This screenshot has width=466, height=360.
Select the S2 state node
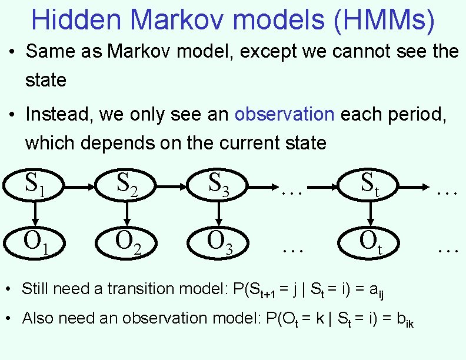click(127, 185)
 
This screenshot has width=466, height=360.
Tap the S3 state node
click(219, 185)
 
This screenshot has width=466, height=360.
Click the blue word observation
click(284, 114)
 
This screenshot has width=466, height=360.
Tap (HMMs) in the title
click(384, 19)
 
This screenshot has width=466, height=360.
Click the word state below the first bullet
click(45, 80)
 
